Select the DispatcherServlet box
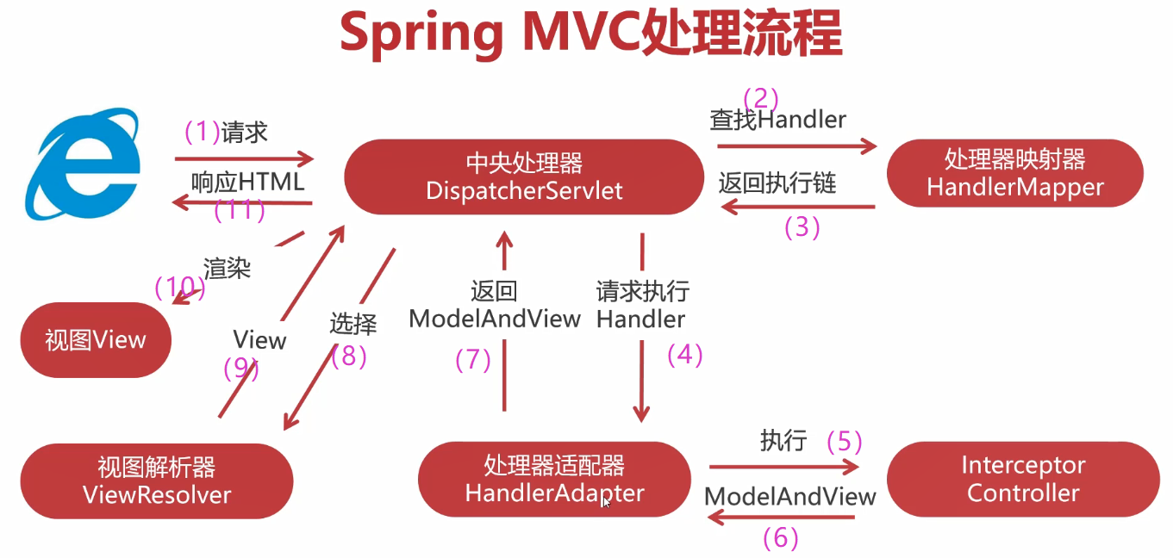524,177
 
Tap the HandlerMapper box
1014,173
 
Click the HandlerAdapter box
554,479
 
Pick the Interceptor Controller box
1022,479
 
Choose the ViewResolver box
156,480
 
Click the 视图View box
96,340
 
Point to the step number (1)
203,132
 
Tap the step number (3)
802,227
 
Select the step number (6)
781,538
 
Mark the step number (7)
473,360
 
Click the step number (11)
240,210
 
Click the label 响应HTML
247,182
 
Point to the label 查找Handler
777,120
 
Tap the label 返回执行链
777,183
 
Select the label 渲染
227,268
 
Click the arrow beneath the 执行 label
784,468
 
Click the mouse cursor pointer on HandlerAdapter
606,502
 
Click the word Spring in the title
422,34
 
